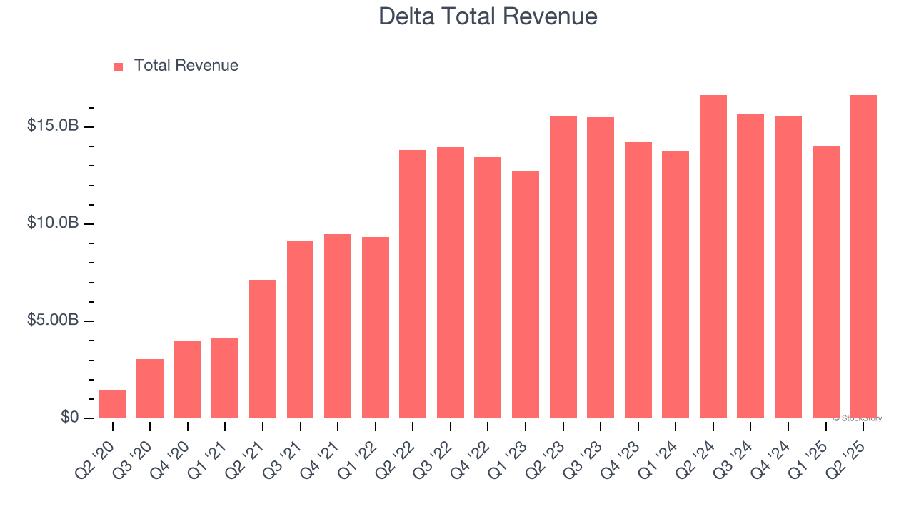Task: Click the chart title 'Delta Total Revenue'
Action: tap(488, 16)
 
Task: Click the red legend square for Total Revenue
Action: tap(119, 66)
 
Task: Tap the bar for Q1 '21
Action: tap(225, 378)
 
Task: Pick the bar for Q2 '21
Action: tap(263, 349)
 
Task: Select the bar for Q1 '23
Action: tap(526, 294)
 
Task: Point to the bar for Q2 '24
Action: tap(713, 257)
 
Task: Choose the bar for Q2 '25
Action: tap(863, 257)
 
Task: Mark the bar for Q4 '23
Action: tap(638, 280)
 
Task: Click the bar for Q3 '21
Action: tap(300, 329)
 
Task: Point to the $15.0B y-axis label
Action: tap(53, 126)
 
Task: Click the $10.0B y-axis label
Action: tap(53, 223)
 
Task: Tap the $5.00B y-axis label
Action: tap(53, 320)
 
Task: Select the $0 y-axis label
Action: tap(69, 417)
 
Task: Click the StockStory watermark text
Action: tap(858, 418)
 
